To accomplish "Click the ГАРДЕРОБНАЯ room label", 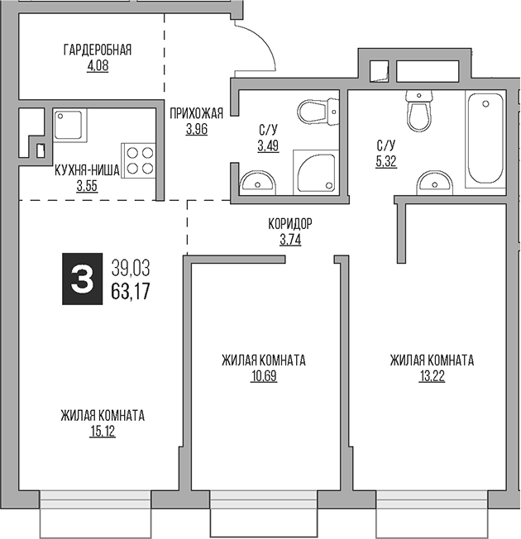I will (x=97, y=50).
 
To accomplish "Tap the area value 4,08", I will (x=97, y=64).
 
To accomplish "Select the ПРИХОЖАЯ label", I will (x=196, y=115).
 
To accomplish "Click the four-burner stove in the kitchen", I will (x=140, y=160).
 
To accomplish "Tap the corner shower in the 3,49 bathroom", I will (x=315, y=172).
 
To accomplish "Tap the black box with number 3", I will (x=81, y=279).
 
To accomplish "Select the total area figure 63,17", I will (x=130, y=290).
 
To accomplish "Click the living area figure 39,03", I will (x=130, y=267).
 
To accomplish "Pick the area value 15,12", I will (x=103, y=430).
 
